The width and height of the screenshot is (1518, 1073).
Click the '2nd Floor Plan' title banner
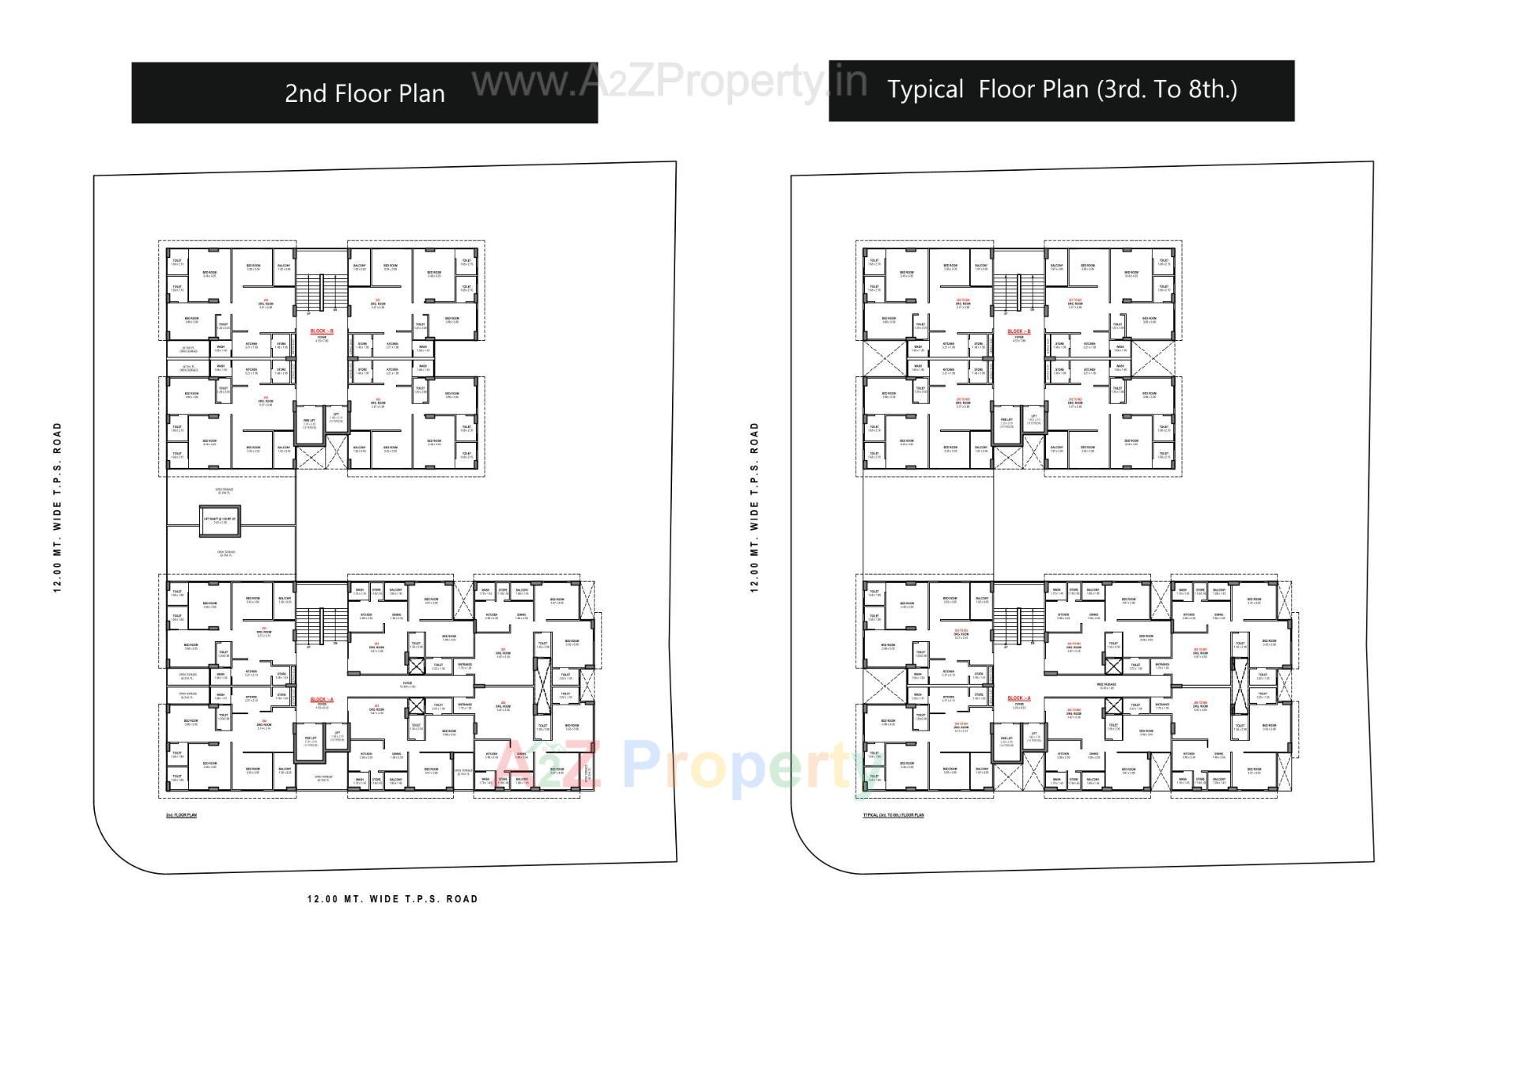pos(364,93)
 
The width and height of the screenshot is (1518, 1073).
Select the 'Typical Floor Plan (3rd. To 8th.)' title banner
pos(1061,90)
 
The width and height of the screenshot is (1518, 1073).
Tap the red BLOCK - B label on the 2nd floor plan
pos(322,331)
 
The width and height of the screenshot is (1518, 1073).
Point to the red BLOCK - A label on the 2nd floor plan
pos(322,700)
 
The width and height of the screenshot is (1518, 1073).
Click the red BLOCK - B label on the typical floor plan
pos(1019,331)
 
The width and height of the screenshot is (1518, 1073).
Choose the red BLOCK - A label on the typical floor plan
pos(1019,698)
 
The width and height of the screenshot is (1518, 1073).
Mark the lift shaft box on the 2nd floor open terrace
pos(215,519)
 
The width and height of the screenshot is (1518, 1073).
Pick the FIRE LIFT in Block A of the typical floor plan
pos(1006,743)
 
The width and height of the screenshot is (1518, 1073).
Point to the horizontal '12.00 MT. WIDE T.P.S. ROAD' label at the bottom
pos(393,899)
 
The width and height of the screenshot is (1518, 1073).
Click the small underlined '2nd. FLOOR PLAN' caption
pos(181,815)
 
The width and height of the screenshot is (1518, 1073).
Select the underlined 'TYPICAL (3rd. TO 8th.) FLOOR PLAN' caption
pos(893,815)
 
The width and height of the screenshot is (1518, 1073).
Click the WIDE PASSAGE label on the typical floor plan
pos(1106,686)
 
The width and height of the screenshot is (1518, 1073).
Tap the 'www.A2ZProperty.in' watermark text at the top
pos(669,81)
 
